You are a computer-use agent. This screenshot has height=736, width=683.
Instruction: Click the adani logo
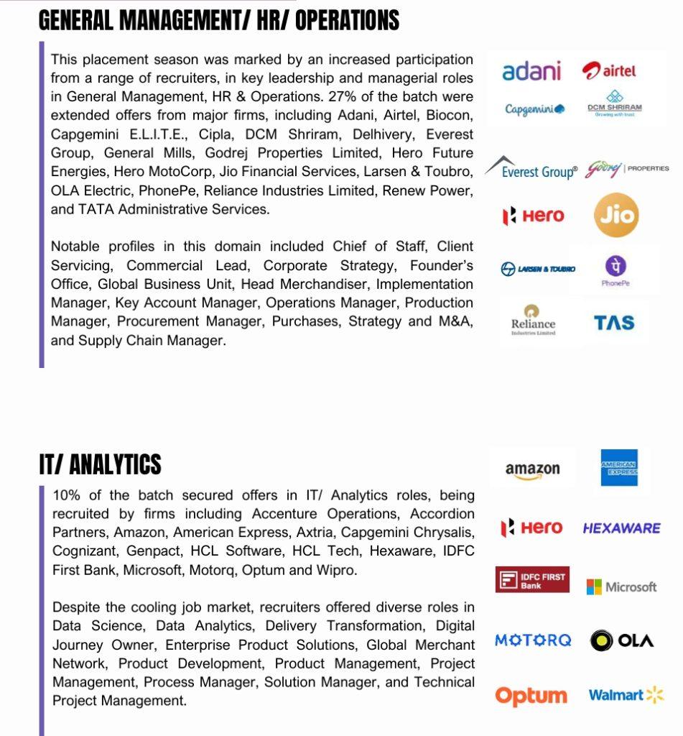[531, 71]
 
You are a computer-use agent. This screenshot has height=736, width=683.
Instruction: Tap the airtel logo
[609, 70]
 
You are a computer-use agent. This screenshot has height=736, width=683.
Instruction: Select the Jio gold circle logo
[616, 216]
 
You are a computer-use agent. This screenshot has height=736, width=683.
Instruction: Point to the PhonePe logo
[615, 270]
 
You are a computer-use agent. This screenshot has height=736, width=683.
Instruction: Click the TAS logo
[614, 323]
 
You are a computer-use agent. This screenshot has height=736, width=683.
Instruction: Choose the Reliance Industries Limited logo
[533, 321]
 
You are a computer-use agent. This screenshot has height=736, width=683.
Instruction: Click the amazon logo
[532, 470]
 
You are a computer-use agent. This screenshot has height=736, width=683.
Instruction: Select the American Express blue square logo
[619, 469]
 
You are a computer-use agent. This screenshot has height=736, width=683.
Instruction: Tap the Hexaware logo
[621, 528]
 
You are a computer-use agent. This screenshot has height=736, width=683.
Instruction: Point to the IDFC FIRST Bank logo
[532, 580]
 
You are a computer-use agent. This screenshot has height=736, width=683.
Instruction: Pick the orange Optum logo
[531, 696]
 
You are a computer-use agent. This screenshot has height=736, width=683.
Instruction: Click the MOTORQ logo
[533, 640]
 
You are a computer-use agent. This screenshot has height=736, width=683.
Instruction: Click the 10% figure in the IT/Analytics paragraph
[66, 495]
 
